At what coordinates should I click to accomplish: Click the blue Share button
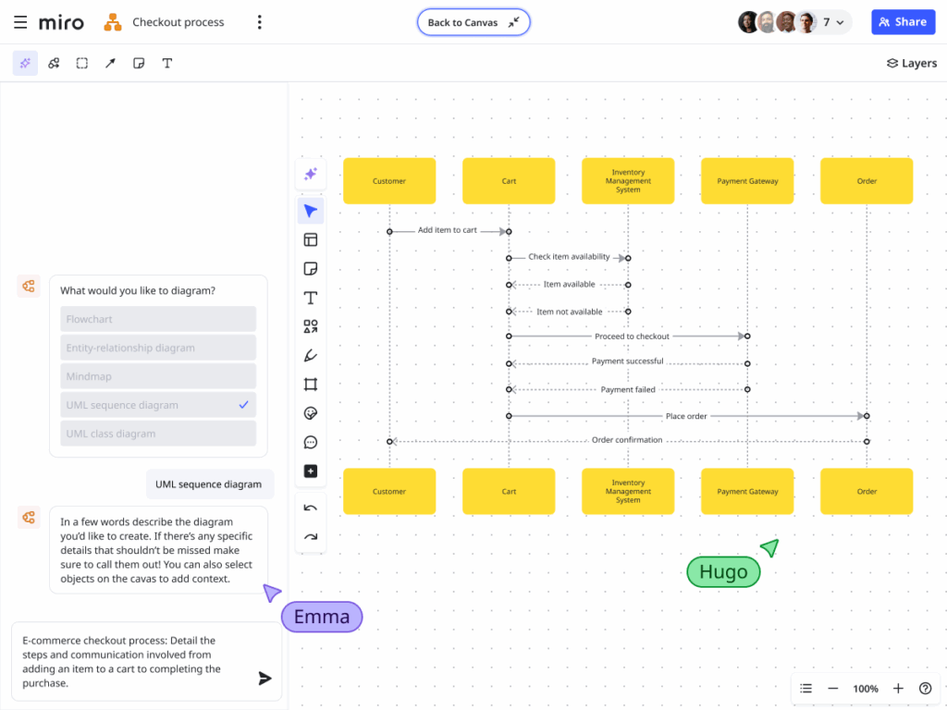[903, 22]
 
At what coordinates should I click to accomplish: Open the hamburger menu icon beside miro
[20, 22]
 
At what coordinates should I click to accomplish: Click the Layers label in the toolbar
[912, 63]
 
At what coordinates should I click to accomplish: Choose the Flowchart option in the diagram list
[158, 319]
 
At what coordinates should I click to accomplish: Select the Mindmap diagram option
[158, 376]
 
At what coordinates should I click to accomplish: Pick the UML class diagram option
[158, 434]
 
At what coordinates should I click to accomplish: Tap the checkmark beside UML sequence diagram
[243, 405]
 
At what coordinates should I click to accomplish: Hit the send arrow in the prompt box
[264, 679]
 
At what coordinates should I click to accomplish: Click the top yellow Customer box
[389, 181]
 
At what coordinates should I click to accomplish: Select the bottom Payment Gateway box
[747, 491]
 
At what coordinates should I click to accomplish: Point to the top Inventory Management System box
[628, 181]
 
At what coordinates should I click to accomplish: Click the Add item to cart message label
[448, 230]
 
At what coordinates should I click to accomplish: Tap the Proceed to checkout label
[632, 337]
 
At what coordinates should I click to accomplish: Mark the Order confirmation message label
[627, 440]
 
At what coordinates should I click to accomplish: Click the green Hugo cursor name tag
[723, 572]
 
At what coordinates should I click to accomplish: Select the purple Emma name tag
[322, 617]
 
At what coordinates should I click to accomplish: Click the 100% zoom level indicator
[866, 689]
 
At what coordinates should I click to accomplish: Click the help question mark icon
[925, 689]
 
